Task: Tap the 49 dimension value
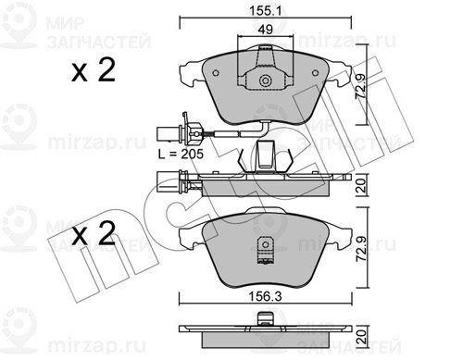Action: point(266,30)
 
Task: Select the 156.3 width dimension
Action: point(266,297)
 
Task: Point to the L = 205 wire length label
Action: point(181,154)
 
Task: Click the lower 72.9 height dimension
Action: point(361,249)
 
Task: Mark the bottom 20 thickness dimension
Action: point(361,337)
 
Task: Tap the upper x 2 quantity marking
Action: point(94,70)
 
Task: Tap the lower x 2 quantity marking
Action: point(94,233)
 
